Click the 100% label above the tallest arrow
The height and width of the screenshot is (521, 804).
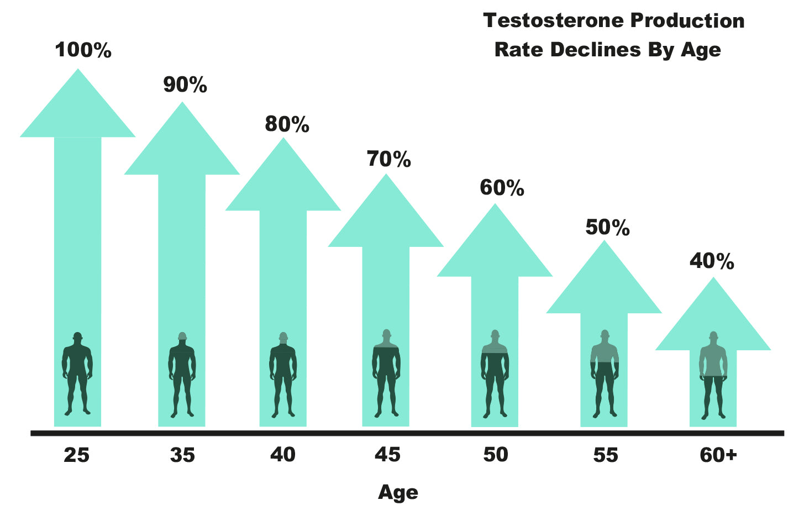[83, 50]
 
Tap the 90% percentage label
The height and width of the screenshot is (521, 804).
[185, 85]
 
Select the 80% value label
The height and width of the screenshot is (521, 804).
[287, 124]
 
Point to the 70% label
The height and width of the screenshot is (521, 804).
[389, 159]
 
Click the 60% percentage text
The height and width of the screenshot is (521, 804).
[502, 188]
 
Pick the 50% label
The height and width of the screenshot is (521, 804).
[607, 228]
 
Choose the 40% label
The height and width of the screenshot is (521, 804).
[712, 261]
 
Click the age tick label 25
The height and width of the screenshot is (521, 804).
[76, 455]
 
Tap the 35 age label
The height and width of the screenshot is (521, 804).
[182, 455]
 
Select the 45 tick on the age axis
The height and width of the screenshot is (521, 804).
[387, 455]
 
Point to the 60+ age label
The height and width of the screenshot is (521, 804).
[718, 455]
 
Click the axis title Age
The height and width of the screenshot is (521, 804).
[398, 492]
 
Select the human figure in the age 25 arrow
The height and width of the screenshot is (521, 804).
[77, 373]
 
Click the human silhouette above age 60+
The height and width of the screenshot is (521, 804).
[713, 375]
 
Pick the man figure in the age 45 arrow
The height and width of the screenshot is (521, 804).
[386, 373]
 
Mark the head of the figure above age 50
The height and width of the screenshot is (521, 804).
[495, 335]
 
